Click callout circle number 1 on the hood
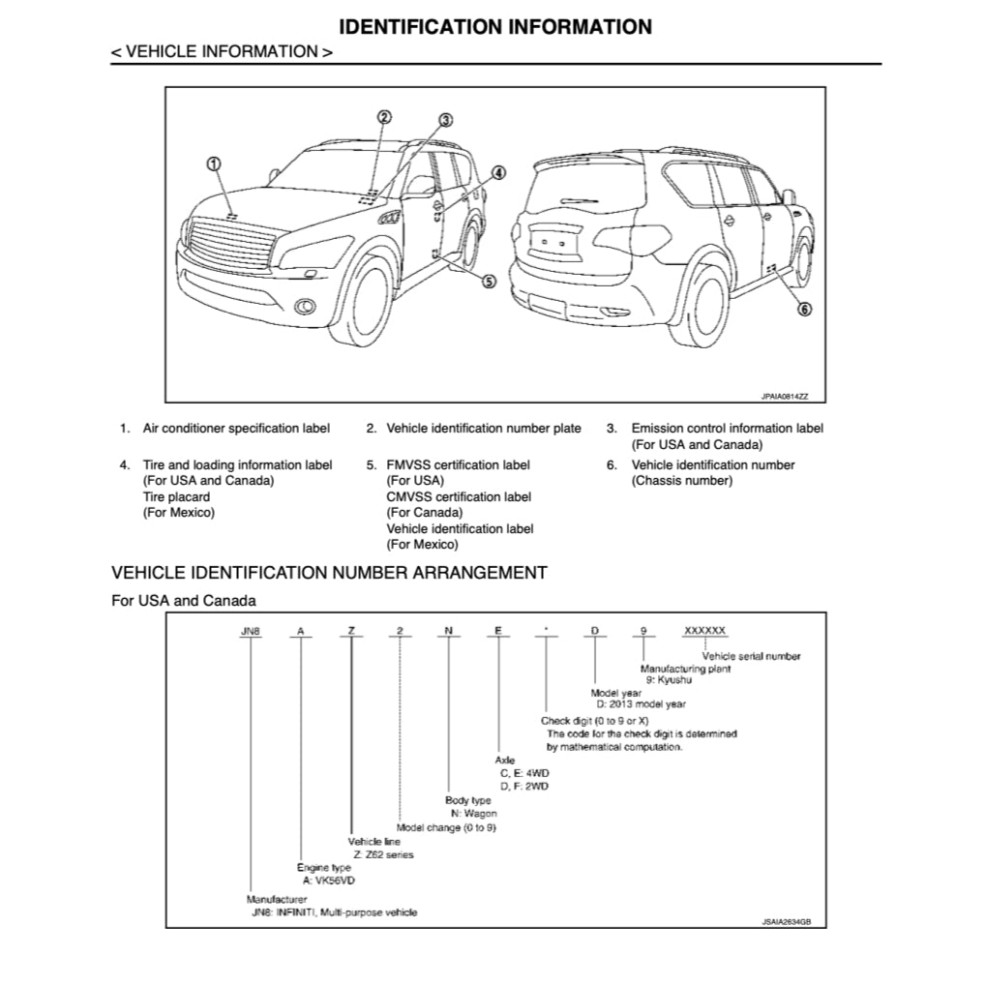214,163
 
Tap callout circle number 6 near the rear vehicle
804,310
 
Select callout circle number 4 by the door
498,173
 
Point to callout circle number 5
489,282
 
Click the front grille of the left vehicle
229,243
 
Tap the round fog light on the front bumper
305,308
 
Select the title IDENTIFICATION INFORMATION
495,26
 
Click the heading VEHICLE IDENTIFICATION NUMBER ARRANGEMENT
329,573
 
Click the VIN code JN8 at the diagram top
251,631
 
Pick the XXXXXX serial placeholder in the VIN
704,631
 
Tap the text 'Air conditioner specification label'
236,428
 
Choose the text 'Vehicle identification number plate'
484,428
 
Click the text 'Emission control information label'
728,428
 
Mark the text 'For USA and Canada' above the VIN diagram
184,601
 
